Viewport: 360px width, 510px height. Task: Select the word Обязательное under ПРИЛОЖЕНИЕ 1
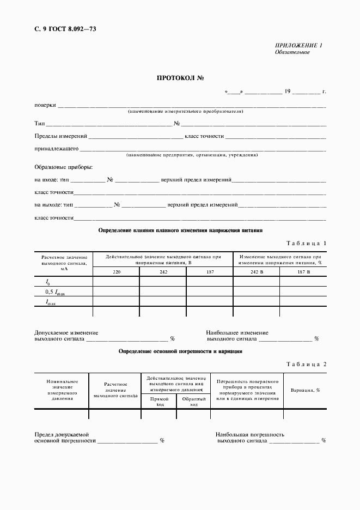(292, 53)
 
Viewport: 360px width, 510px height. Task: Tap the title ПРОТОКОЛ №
(180, 78)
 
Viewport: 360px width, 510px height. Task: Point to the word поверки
(45, 105)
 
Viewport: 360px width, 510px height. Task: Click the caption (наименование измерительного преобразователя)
(186, 112)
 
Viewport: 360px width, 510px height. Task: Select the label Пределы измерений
(60, 136)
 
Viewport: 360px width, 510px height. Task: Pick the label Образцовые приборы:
(63, 167)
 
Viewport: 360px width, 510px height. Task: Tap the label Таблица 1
(306, 243)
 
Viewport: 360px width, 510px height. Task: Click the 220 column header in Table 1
(117, 271)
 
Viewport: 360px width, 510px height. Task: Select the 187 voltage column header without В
(210, 271)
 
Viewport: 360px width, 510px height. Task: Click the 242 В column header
(257, 271)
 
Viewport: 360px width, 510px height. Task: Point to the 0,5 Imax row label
(57, 293)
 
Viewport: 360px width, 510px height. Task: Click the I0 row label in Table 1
(48, 282)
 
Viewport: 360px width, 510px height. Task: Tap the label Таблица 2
(306, 364)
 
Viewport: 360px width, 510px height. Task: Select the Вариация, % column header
(305, 390)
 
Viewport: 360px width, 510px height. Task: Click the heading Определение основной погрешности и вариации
(180, 351)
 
